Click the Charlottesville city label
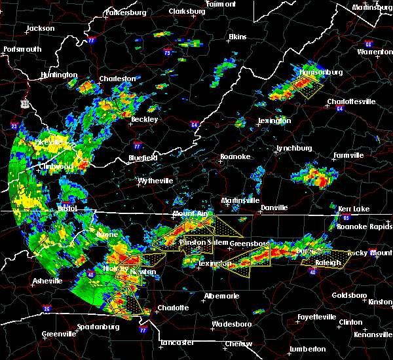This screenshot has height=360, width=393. pyautogui.click(x=351, y=101)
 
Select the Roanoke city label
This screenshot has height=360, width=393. pyautogui.click(x=234, y=156)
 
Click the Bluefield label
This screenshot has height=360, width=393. pyautogui.click(x=143, y=158)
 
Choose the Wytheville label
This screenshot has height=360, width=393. pyautogui.click(x=155, y=180)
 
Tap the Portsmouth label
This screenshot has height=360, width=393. pyautogui.click(x=22, y=49)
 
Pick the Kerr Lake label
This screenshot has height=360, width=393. pyautogui.click(x=354, y=208)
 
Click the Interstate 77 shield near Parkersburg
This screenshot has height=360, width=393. pyautogui.click(x=91, y=41)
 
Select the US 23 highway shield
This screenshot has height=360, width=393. pyautogui.click(x=25, y=103)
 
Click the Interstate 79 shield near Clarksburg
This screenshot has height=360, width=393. pyautogui.click(x=168, y=52)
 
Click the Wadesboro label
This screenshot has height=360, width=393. pyautogui.click(x=234, y=324)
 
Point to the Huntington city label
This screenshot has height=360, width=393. pyautogui.click(x=58, y=75)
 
